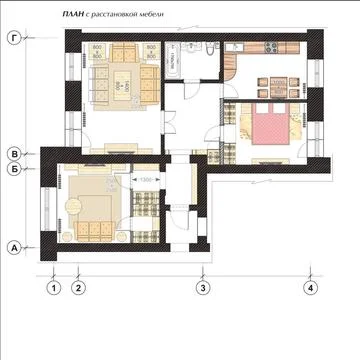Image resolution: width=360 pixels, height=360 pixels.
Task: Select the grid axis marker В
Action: tap(14, 153)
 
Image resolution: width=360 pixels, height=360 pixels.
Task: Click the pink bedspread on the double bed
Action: tap(267, 128)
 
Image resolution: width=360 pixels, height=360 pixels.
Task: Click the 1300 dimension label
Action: tap(145, 179)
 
